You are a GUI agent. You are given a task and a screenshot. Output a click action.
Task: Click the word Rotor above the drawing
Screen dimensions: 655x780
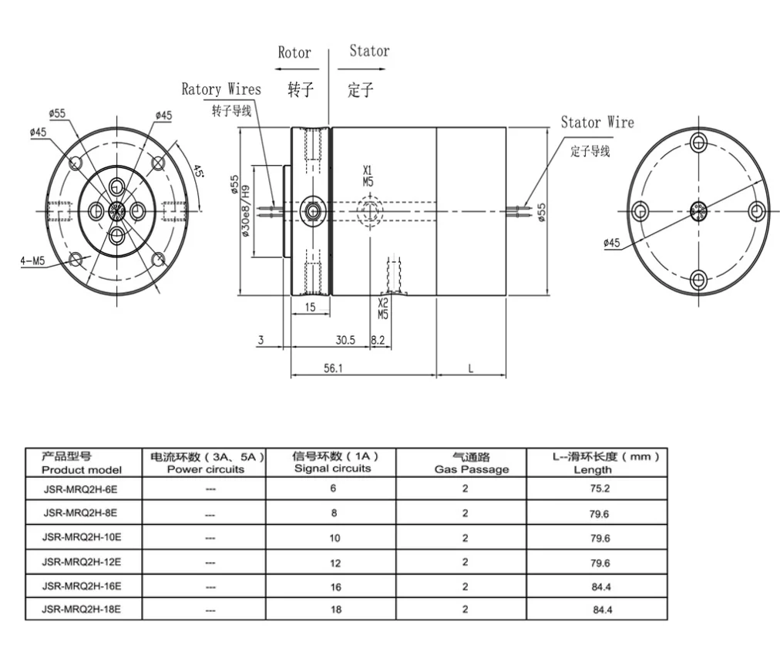pyautogui.click(x=294, y=52)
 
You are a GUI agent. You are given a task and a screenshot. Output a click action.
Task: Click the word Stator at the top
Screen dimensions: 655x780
pyautogui.click(x=369, y=52)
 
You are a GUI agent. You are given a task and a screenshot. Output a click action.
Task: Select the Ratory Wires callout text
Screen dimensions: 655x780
pyautogui.click(x=221, y=89)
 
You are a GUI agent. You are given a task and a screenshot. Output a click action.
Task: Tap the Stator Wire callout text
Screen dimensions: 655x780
pyautogui.click(x=597, y=123)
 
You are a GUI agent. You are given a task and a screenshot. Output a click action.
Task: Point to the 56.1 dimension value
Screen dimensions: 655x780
pyautogui.click(x=333, y=368)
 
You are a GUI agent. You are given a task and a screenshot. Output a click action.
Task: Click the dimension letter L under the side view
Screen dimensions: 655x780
pyautogui.click(x=471, y=368)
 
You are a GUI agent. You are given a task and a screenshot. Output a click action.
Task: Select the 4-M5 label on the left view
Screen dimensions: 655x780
pyautogui.click(x=32, y=260)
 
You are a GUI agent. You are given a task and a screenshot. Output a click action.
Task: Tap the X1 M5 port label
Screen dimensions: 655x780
pyautogui.click(x=368, y=176)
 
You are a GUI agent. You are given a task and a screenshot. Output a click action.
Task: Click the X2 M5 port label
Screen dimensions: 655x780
pyautogui.click(x=383, y=309)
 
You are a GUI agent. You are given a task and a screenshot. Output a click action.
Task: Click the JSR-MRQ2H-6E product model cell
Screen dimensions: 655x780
pyautogui.click(x=81, y=489)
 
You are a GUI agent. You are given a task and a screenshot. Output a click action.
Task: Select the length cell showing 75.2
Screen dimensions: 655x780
pyautogui.click(x=600, y=489)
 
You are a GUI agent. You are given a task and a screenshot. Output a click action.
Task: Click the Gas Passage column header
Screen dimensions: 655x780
pyautogui.click(x=465, y=463)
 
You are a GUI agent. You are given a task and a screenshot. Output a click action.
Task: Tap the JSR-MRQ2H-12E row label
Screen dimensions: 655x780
pyautogui.click(x=81, y=562)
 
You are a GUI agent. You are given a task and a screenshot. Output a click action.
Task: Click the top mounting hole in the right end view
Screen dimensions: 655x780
pyautogui.click(x=698, y=142)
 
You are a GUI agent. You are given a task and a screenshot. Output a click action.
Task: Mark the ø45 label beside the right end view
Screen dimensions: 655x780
pyautogui.click(x=612, y=244)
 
